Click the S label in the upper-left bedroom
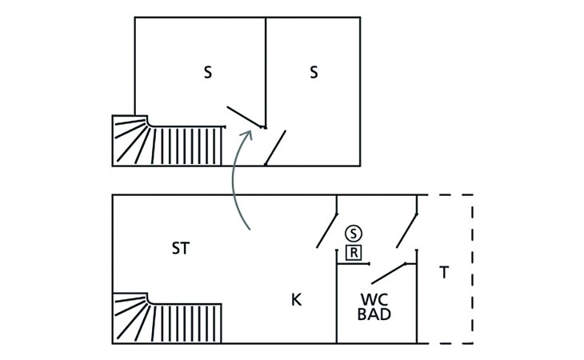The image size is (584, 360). [208, 73]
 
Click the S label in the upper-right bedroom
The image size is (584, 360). [314, 73]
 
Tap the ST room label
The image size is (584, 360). [181, 249]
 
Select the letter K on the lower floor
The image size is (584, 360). [296, 300]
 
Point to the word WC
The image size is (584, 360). [374, 300]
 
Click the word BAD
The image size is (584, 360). [374, 315]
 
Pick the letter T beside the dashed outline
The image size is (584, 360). [445, 273]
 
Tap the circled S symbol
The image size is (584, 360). [354, 233]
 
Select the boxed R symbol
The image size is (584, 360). [354, 253]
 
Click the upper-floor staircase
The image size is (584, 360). [168, 142]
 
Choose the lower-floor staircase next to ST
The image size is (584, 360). [168, 319]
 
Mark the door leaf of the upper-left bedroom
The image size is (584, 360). [245, 117]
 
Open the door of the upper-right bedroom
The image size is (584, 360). [276, 148]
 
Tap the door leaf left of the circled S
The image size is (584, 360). [326, 230]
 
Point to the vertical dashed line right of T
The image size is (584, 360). [472, 269]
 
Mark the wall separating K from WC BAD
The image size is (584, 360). [336, 304]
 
